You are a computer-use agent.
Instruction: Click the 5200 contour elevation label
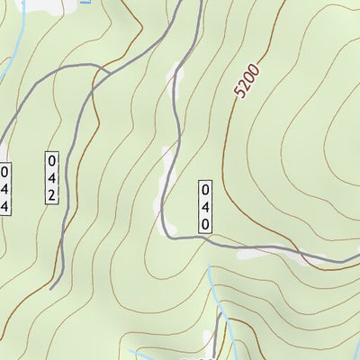pyautogui.click(x=245, y=82)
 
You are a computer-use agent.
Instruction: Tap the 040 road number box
pyautogui.click(x=205, y=207)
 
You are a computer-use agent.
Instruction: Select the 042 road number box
pyautogui.click(x=51, y=177)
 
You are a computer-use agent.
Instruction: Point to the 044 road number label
pyautogui.click(x=4, y=188)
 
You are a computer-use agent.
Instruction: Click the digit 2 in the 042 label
pyautogui.click(x=51, y=194)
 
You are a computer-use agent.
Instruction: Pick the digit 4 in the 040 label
pyautogui.click(x=205, y=207)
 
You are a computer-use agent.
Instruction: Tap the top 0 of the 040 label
pyautogui.click(x=205, y=191)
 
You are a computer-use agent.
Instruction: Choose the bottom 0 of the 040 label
pyautogui.click(x=205, y=223)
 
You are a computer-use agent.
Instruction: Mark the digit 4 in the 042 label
pyautogui.click(x=51, y=177)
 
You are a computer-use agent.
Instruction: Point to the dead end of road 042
pyautogui.click(x=52, y=287)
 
